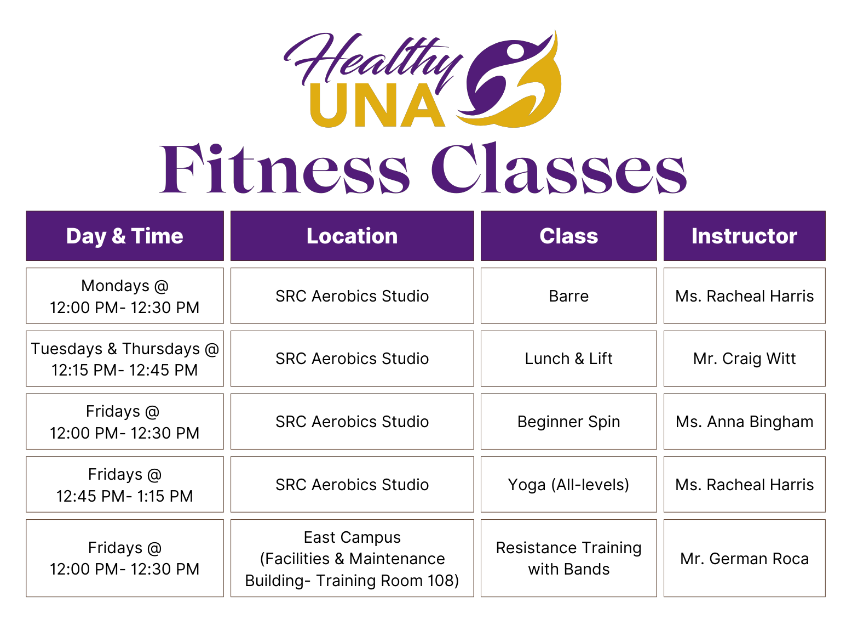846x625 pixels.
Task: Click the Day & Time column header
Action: pos(125,236)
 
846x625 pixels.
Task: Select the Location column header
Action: pos(352,236)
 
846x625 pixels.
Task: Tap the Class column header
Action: pos(569,236)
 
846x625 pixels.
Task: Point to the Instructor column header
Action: pos(745,236)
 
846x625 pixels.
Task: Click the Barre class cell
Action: pos(569,296)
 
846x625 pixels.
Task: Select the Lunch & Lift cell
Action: pos(569,359)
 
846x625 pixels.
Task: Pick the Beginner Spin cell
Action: pos(569,422)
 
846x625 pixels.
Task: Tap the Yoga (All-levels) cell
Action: pos(569,485)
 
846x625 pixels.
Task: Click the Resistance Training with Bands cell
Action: pos(569,558)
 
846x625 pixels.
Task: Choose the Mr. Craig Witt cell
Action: pos(745,359)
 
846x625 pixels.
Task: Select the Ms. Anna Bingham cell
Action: pos(745,422)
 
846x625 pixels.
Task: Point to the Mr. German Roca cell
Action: pos(745,558)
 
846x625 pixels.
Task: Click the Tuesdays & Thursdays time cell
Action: pos(125,359)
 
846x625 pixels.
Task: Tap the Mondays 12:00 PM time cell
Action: pos(125,296)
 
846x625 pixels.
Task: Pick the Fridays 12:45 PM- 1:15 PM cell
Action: pos(125,485)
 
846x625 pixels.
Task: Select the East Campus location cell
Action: pos(352,558)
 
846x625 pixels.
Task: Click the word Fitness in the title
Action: pos(284,168)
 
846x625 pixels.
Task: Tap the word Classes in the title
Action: pos(559,168)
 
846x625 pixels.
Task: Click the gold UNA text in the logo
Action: pos(378,105)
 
